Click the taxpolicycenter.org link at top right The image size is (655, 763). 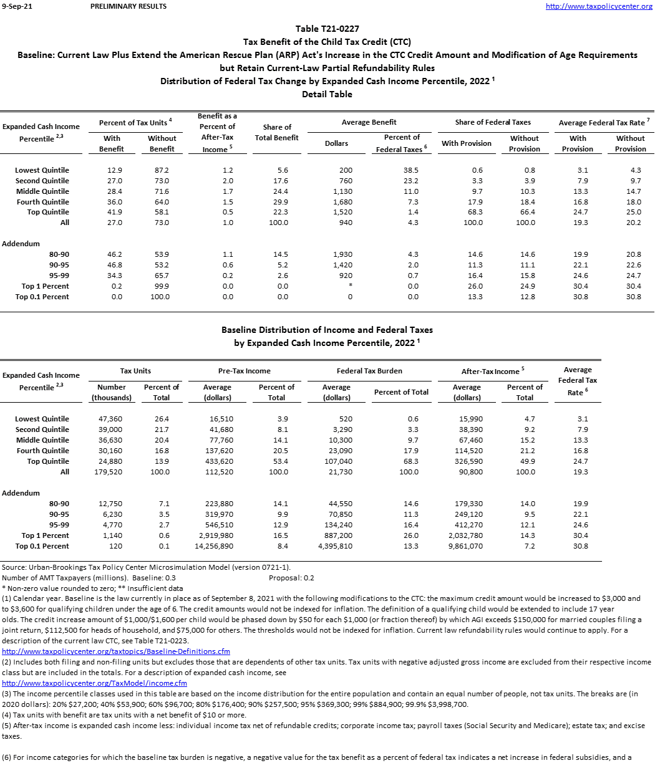[599, 6]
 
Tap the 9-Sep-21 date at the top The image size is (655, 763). [16, 6]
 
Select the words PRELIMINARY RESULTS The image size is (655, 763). [129, 6]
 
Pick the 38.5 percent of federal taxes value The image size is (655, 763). [410, 170]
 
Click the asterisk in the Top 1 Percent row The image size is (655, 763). [350, 286]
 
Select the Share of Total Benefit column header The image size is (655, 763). [277, 132]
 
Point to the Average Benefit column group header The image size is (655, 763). [369, 122]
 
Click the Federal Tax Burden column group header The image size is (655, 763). [369, 371]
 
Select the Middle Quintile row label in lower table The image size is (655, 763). [42, 440]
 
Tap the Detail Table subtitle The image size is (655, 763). [327, 94]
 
